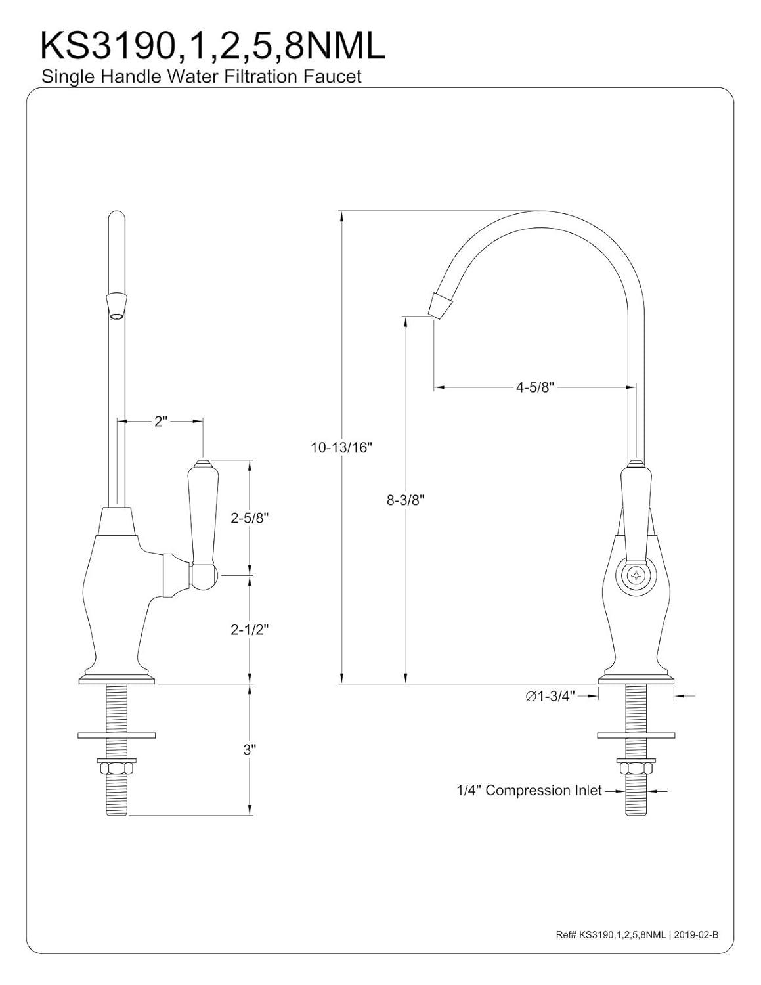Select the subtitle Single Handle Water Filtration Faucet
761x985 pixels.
[x=202, y=77]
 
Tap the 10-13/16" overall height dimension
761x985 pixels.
[x=341, y=448]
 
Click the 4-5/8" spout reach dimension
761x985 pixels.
[x=535, y=387]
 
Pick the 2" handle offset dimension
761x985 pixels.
[x=161, y=422]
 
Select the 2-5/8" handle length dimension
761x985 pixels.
[x=250, y=518]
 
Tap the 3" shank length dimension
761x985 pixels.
[x=249, y=749]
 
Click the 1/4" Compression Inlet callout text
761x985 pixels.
[x=529, y=791]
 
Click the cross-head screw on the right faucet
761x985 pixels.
[x=635, y=576]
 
